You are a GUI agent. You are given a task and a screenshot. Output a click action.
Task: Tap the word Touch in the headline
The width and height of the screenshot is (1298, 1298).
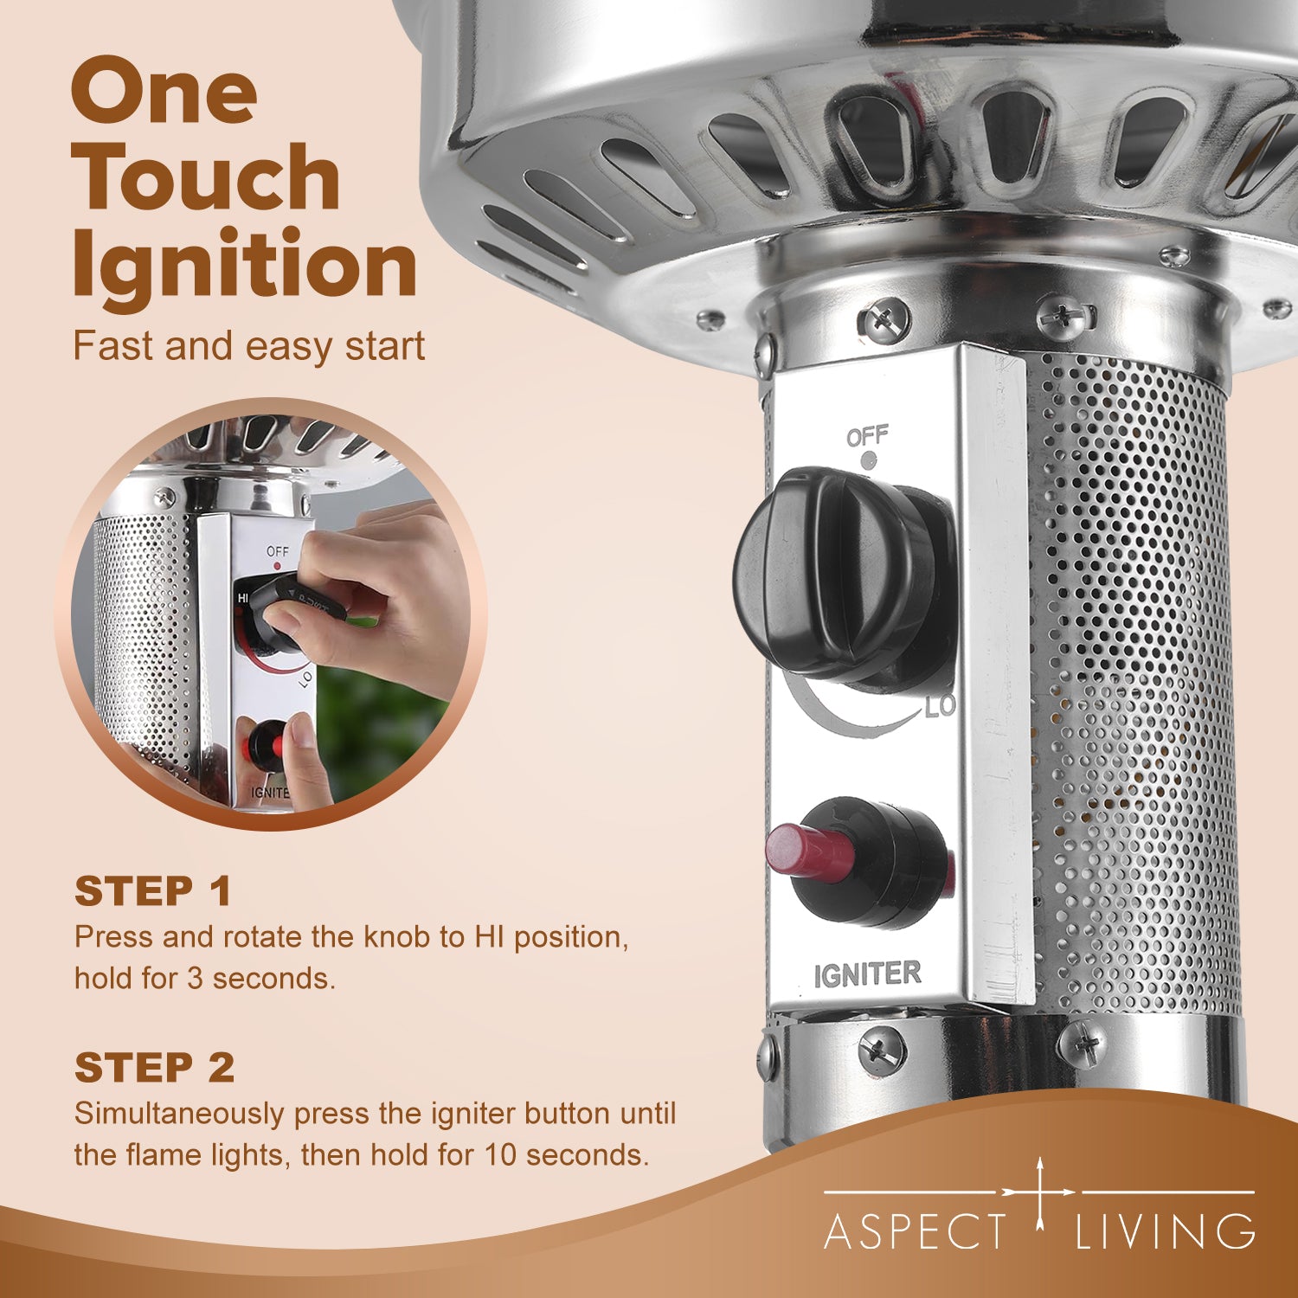[206, 177]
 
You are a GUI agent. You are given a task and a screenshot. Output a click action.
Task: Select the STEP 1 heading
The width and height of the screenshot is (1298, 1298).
[153, 891]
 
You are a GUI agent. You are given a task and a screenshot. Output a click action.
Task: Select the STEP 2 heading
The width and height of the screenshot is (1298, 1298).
[154, 1068]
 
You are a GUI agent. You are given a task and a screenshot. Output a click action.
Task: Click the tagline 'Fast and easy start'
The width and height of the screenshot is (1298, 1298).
[249, 346]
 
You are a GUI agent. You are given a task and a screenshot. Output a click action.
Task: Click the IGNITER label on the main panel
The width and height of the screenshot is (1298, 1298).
[867, 975]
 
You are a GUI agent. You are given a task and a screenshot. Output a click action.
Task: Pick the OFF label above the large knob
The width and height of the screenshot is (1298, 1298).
[867, 436]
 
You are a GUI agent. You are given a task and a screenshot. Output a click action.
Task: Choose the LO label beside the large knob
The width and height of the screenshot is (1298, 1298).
[940, 706]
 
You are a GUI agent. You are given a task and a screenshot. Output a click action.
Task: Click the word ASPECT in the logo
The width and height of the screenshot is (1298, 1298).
[916, 1231]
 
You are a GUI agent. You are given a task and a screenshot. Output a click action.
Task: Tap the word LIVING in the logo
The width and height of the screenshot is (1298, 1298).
[1165, 1231]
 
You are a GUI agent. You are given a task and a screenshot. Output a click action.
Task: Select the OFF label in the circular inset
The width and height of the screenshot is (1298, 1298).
[278, 551]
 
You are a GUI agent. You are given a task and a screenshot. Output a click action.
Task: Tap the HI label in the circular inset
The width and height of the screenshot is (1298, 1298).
[242, 598]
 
